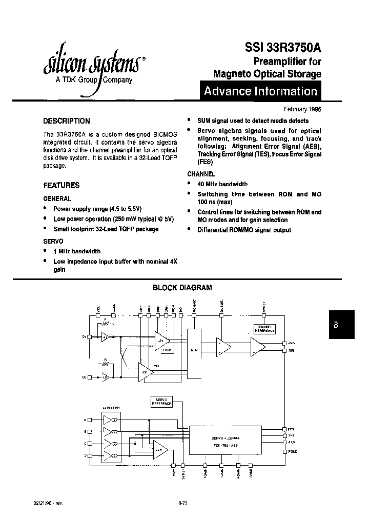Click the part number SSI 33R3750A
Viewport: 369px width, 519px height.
[x=279, y=48]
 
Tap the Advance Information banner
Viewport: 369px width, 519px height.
[x=260, y=92]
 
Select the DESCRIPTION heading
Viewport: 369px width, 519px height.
[x=66, y=121]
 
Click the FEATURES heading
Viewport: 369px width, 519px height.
[x=61, y=185]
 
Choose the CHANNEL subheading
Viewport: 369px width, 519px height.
[x=201, y=174]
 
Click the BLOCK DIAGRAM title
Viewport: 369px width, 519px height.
[x=182, y=288]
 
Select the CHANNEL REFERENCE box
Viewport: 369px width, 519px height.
[x=264, y=329]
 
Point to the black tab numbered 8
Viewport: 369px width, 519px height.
[x=341, y=325]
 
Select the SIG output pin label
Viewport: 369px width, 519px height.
[x=291, y=351]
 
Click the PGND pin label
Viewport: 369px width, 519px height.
[x=292, y=451]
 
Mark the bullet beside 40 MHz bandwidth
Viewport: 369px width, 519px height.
[x=190, y=184]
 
